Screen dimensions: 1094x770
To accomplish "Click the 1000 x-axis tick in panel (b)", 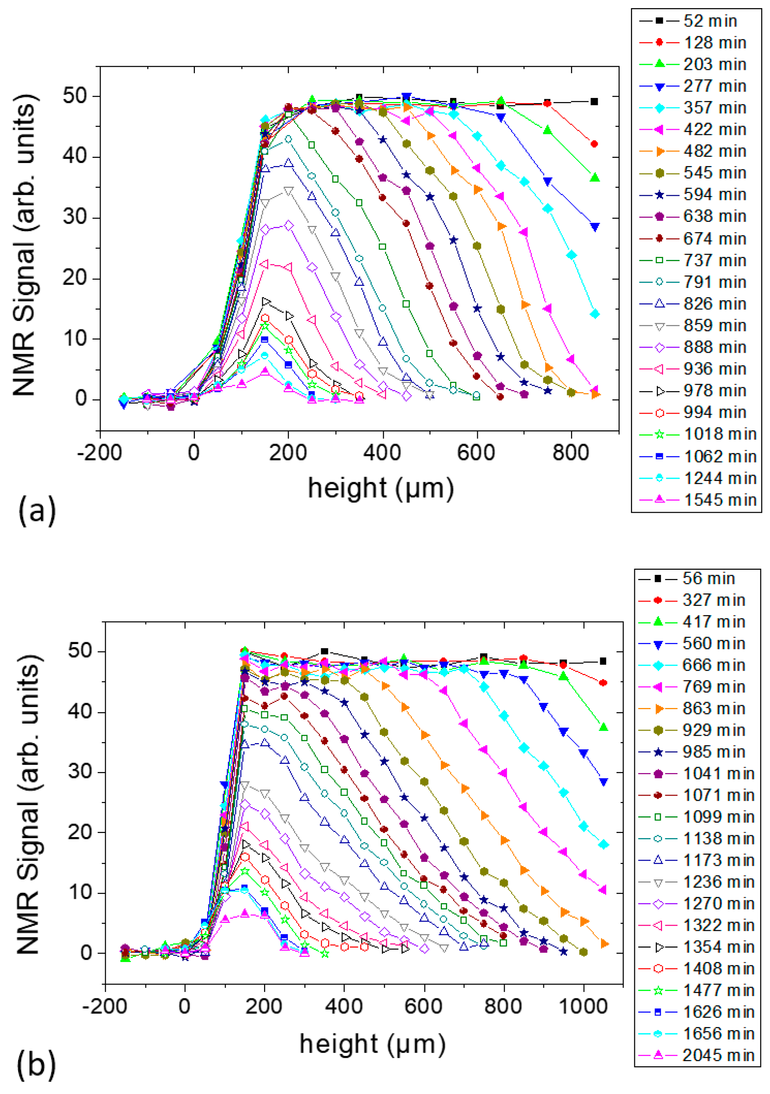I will pyautogui.click(x=583, y=1007).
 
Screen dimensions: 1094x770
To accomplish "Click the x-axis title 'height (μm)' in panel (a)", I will pyautogui.click(x=381, y=488).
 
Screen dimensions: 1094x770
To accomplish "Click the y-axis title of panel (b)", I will pyautogui.click(x=30, y=805).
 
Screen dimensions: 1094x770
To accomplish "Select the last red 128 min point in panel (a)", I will pyautogui.click(x=594, y=144).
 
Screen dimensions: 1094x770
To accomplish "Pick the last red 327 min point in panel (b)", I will pyautogui.click(x=603, y=683).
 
